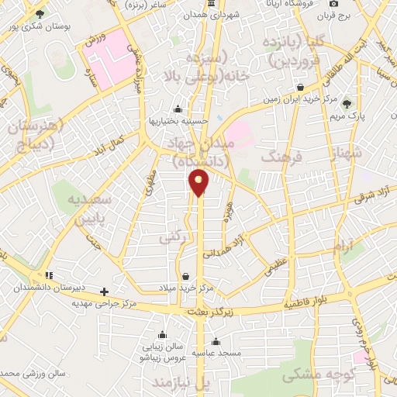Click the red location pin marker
pos(199,182)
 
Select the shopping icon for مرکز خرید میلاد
pos(185,276)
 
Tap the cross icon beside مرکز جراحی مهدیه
pos(105,292)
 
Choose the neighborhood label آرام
pos(342,248)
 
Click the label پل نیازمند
pos(181,384)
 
